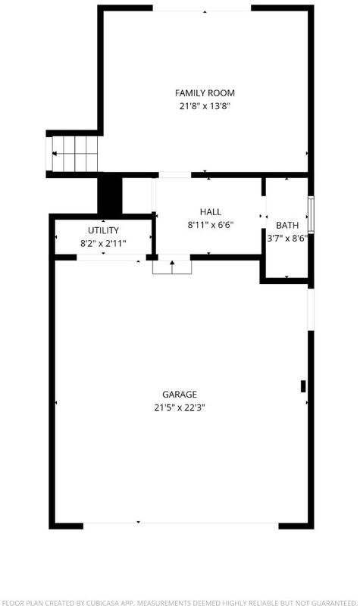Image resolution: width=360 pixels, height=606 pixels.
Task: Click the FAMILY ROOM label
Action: (x=205, y=93)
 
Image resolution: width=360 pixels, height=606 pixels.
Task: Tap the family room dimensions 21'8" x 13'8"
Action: (x=205, y=106)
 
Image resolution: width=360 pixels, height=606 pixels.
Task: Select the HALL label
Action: (x=211, y=212)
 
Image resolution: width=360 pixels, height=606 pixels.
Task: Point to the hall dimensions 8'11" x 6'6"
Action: (x=211, y=224)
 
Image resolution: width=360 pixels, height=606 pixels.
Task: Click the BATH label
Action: (x=287, y=225)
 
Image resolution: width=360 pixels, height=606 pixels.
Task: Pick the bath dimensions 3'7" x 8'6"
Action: (x=287, y=238)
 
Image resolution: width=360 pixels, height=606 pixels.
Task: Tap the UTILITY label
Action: (x=103, y=230)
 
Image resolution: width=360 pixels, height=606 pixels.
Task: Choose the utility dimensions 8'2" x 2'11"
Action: (x=103, y=243)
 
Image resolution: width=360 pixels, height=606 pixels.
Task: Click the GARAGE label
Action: (x=180, y=394)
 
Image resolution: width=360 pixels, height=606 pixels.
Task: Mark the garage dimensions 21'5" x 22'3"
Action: (x=180, y=408)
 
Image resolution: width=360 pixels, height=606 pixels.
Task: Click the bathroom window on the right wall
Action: (x=311, y=215)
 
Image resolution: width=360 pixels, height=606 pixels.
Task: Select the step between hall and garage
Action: (x=172, y=267)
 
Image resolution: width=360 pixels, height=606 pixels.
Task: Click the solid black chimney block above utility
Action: (x=110, y=195)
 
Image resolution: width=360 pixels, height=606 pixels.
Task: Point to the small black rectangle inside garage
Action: (x=303, y=386)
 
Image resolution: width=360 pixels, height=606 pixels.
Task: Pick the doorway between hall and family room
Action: (x=175, y=175)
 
